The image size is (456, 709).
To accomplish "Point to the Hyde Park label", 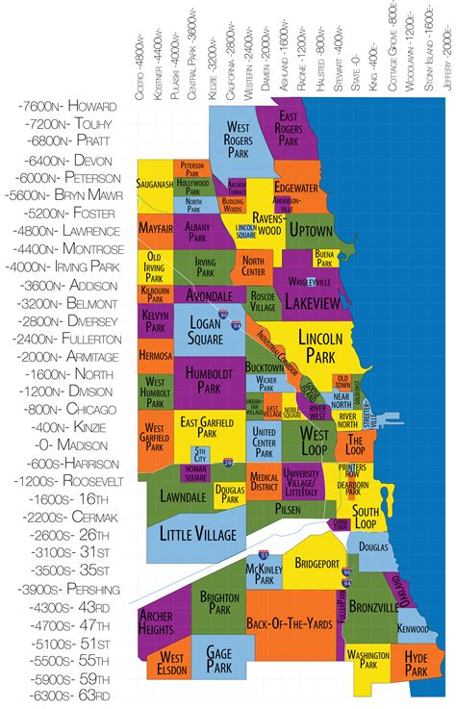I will (416, 661).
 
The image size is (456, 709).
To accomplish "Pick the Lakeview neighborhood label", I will (315, 302).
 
